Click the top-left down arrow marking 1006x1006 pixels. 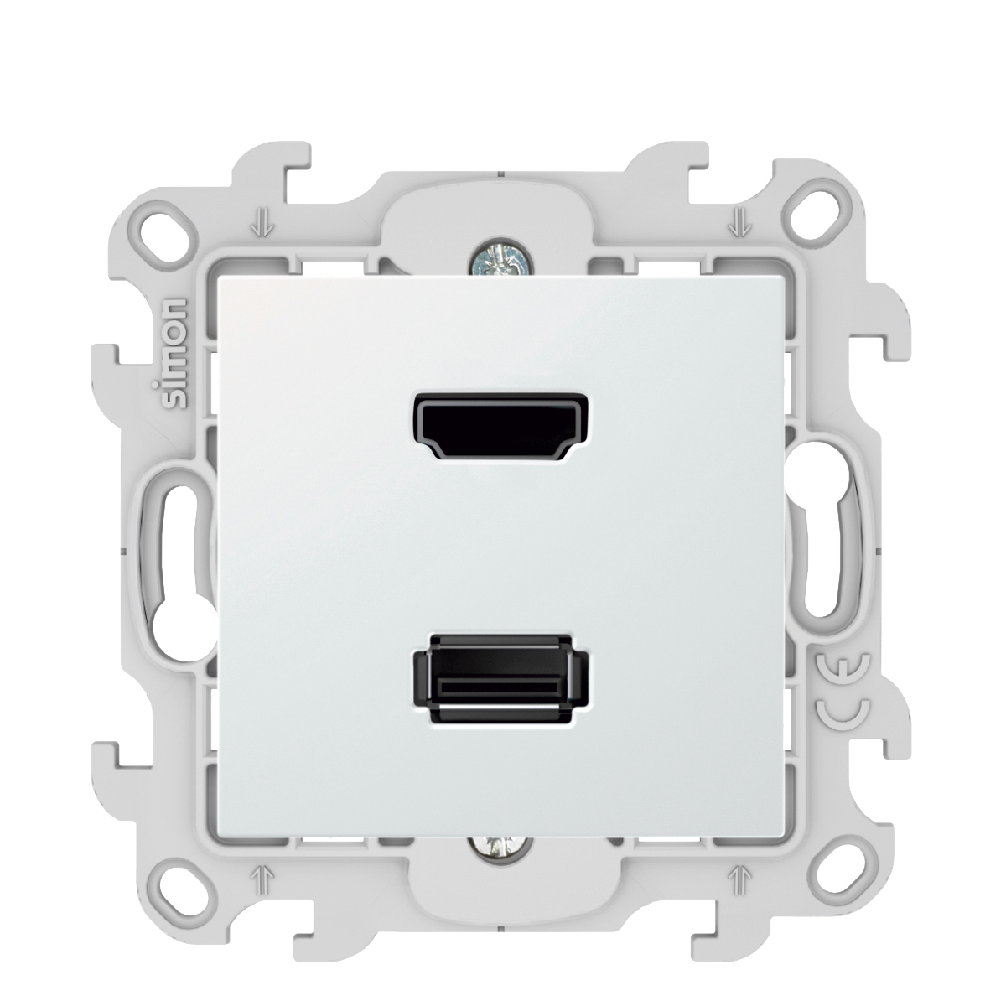coord(267,222)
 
